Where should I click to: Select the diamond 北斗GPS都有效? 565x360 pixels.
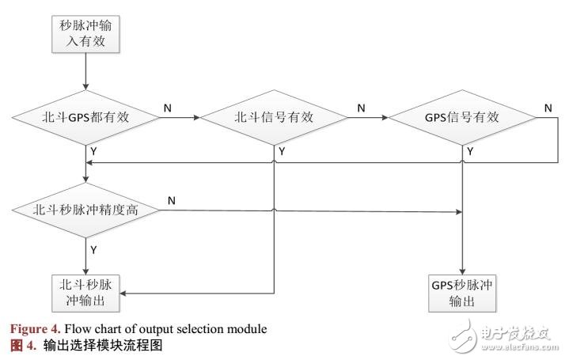[85, 118]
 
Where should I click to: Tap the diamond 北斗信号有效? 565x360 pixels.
[275, 118]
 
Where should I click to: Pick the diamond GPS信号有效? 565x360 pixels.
[461, 118]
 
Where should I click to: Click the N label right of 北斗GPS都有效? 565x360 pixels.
[168, 106]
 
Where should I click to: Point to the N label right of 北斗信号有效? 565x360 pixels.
[361, 106]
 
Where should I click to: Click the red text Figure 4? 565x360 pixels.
[36, 329]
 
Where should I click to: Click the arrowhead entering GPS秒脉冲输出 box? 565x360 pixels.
[461, 270]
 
